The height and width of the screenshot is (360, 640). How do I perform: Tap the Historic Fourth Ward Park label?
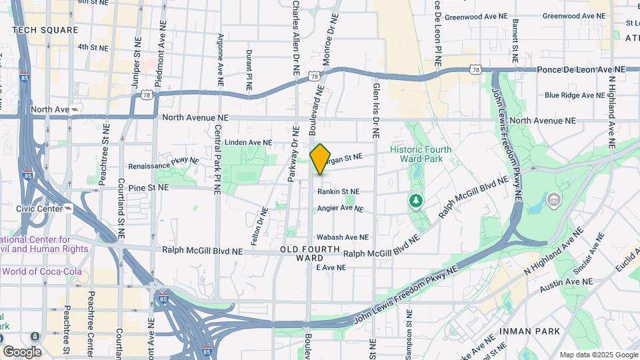pyautogui.click(x=421, y=154)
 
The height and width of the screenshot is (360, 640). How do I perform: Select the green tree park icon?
pyautogui.click(x=417, y=200)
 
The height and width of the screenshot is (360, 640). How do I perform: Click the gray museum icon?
pyautogui.click(x=554, y=199)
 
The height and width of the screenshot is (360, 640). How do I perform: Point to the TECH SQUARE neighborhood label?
pyautogui.click(x=45, y=30)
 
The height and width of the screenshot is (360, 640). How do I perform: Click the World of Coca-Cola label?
pyautogui.click(x=41, y=271)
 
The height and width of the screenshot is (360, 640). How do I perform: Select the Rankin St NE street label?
pyautogui.click(x=338, y=191)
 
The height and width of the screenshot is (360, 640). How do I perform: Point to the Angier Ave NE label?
pyautogui.click(x=340, y=208)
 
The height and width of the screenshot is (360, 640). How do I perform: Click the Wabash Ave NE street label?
pyautogui.click(x=342, y=237)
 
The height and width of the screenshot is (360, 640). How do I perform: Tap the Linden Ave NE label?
pyautogui.click(x=249, y=142)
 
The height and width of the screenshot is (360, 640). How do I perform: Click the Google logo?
pyautogui.click(x=22, y=351)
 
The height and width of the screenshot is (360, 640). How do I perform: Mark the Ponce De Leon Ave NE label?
pyautogui.click(x=581, y=69)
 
